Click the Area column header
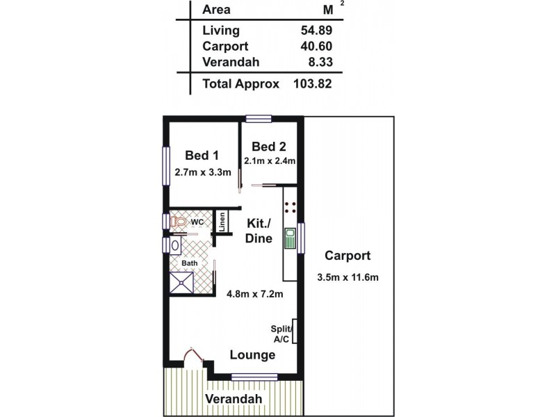pyautogui.click(x=216, y=10)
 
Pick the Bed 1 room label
pyautogui.click(x=202, y=155)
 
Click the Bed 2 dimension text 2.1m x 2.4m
pyautogui.click(x=270, y=161)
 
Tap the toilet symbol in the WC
pyautogui.click(x=179, y=222)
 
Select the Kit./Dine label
pyautogui.click(x=259, y=231)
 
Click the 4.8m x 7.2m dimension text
pyautogui.click(x=255, y=294)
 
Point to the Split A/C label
pyautogui.click(x=283, y=334)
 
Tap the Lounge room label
pyautogui.click(x=253, y=355)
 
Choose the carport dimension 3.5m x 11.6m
pyautogui.click(x=347, y=277)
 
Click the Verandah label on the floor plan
pyautogui.click(x=233, y=399)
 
